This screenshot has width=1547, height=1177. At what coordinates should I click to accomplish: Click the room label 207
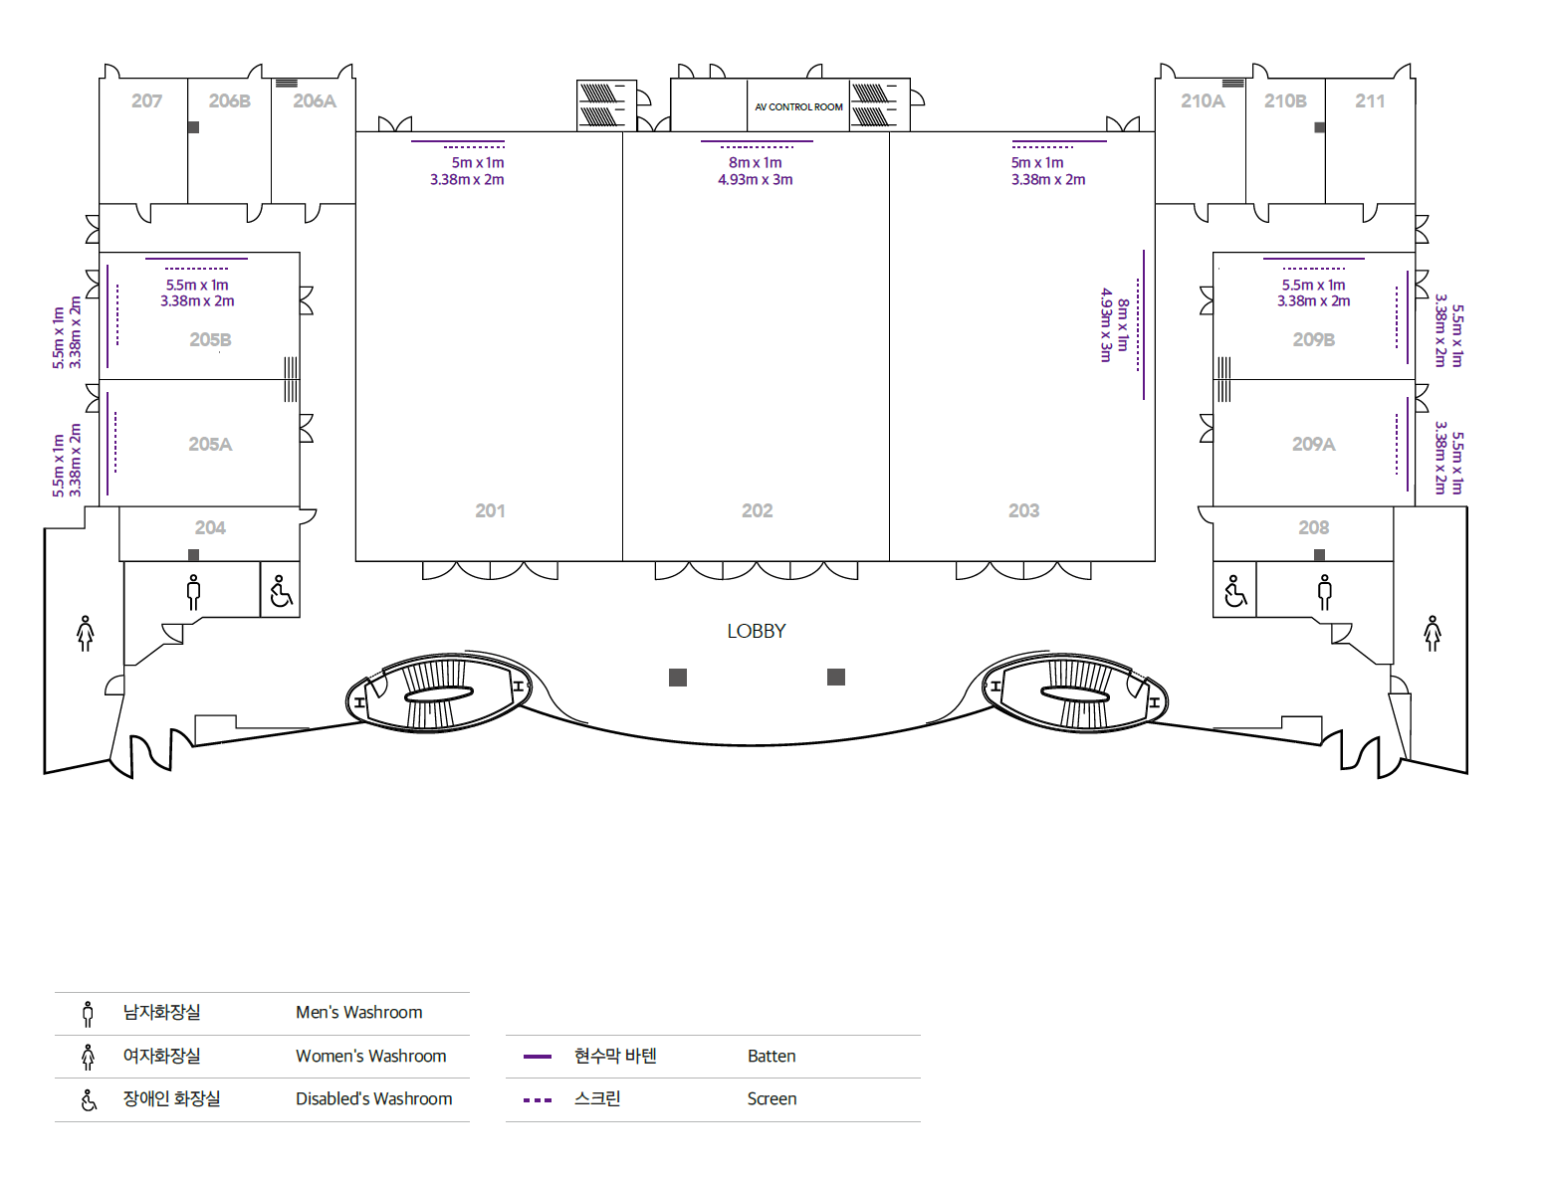pyautogui.click(x=146, y=100)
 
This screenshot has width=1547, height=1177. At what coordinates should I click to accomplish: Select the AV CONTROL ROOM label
pyautogui.click(x=798, y=106)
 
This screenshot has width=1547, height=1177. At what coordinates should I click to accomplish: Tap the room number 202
pyautogui.click(x=757, y=510)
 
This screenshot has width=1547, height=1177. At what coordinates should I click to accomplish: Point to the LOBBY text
pyautogui.click(x=756, y=631)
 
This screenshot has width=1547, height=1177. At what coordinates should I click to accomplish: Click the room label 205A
pyautogui.click(x=210, y=444)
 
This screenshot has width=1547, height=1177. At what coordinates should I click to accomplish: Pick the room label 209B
pyautogui.click(x=1313, y=339)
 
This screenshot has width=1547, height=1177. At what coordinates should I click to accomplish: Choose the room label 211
pyautogui.click(x=1369, y=100)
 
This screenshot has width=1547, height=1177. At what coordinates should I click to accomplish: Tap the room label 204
pyautogui.click(x=210, y=527)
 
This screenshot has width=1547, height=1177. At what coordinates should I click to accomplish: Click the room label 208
pyautogui.click(x=1313, y=527)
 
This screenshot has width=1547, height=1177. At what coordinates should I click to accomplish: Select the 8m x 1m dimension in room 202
pyautogui.click(x=755, y=162)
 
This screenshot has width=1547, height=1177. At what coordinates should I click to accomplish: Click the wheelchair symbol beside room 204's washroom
pyautogui.click(x=281, y=591)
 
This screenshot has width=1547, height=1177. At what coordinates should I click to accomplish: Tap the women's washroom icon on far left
pyautogui.click(x=86, y=633)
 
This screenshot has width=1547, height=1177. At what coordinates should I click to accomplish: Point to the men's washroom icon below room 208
pyautogui.click(x=1324, y=591)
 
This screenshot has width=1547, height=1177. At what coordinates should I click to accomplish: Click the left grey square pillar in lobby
pyautogui.click(x=678, y=678)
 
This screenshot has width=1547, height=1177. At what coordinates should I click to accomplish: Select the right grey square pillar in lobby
pyautogui.click(x=836, y=678)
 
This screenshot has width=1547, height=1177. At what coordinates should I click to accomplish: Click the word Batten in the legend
pyautogui.click(x=772, y=1056)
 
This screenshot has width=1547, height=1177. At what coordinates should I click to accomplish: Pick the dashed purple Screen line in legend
pyautogui.click(x=538, y=1099)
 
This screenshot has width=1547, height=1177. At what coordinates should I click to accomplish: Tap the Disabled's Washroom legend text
pyautogui.click(x=373, y=1098)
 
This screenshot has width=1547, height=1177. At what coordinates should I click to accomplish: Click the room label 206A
pyautogui.click(x=315, y=100)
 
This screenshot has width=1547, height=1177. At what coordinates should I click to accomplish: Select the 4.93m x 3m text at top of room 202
pyautogui.click(x=755, y=179)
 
